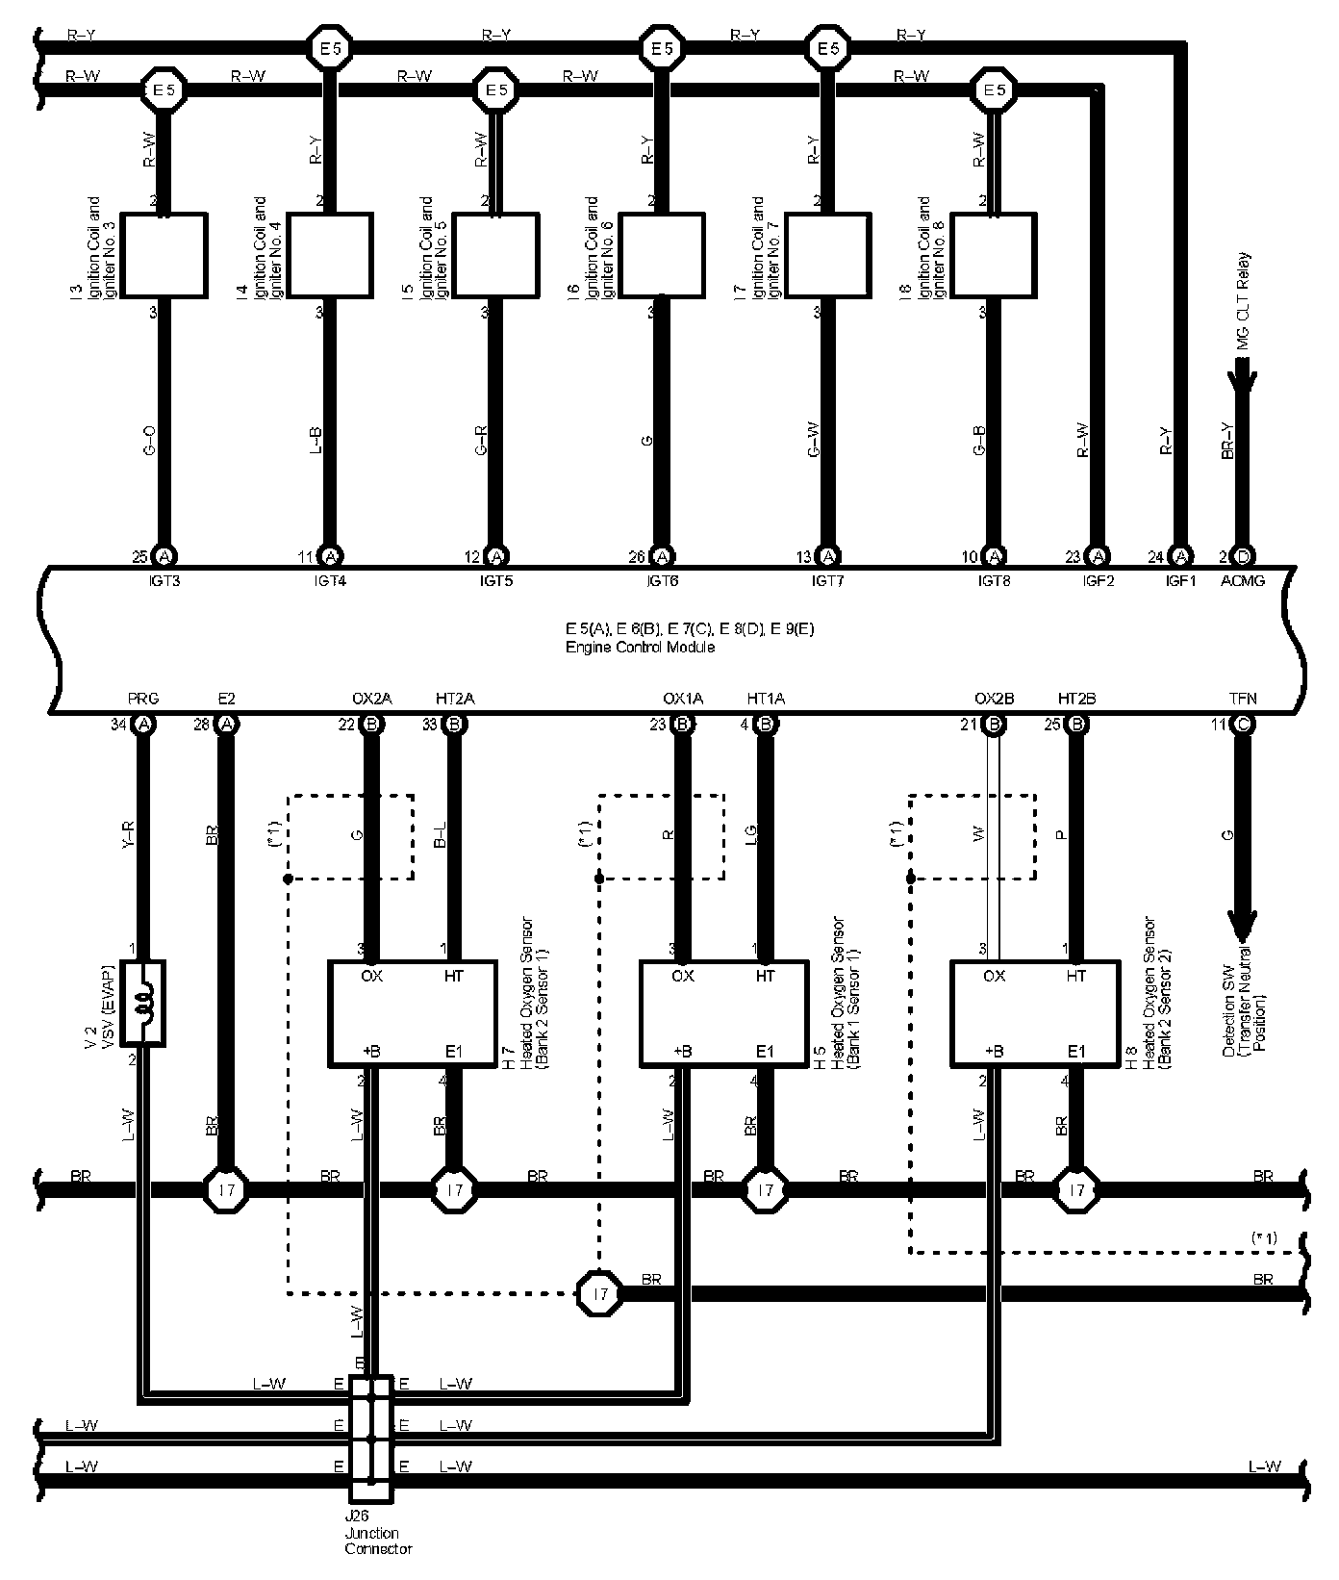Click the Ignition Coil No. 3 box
(164, 256)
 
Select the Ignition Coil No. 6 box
(661, 256)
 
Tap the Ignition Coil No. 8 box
(994, 256)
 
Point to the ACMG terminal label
(1242, 580)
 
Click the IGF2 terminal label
(1098, 580)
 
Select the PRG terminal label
(143, 699)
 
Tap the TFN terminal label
(1242, 699)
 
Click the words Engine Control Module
(640, 648)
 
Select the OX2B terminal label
(995, 699)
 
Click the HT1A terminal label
(766, 699)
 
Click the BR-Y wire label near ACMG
(1226, 443)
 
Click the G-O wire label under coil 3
(148, 443)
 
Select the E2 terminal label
(227, 699)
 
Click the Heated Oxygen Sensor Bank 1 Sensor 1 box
(723, 1013)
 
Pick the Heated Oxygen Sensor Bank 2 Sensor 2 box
(1035, 1013)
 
